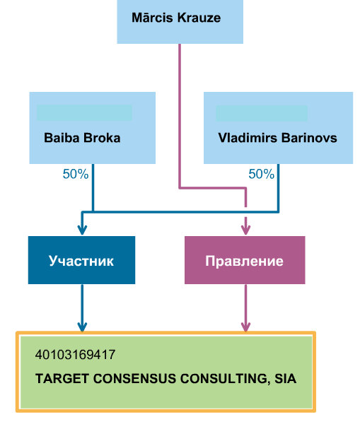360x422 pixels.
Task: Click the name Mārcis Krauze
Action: [176, 18]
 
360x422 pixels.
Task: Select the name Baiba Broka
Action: [82, 138]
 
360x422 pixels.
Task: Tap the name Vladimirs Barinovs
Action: [278, 138]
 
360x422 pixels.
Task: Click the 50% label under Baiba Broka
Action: [76, 174]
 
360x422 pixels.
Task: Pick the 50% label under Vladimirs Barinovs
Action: [261, 174]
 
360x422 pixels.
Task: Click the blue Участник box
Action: [81, 260]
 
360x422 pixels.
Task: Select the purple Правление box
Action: [245, 260]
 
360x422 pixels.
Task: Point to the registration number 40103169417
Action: [75, 354]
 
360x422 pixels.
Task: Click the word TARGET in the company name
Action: [62, 378]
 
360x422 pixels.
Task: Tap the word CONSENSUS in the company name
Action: [134, 378]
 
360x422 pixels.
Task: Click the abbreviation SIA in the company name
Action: [286, 378]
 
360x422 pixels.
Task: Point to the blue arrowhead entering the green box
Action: [82, 327]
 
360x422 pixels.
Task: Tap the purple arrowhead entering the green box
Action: [245, 327]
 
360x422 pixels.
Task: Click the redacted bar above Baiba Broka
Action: [84, 113]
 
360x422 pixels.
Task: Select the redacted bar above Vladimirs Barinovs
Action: [262, 113]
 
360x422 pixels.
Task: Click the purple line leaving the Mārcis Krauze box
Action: [180, 116]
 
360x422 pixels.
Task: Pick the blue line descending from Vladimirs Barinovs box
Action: [278, 188]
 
